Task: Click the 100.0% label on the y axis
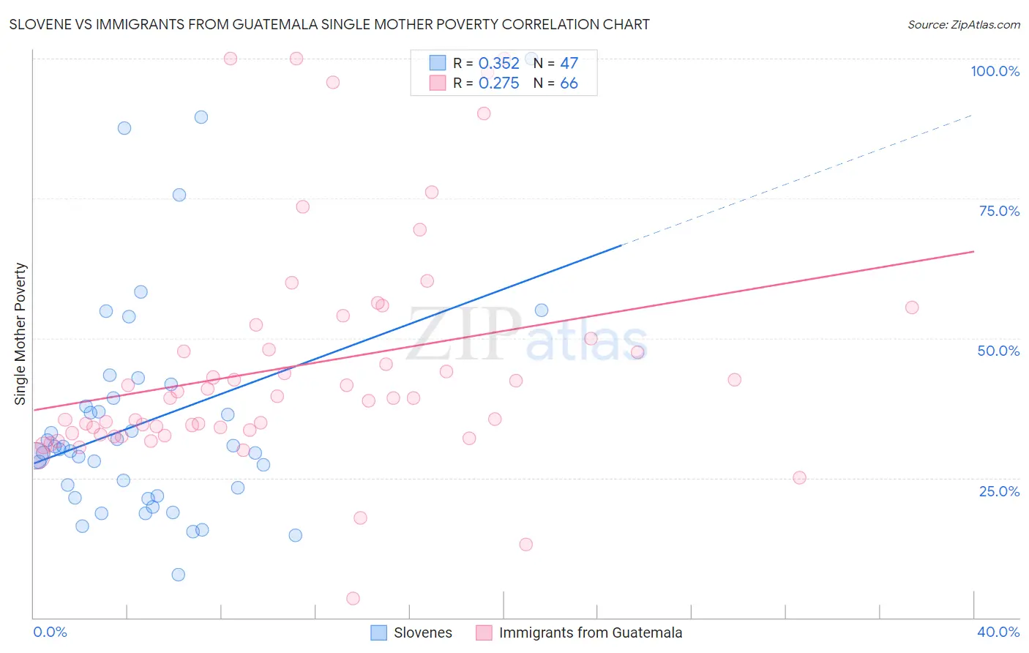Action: pyautogui.click(x=995, y=71)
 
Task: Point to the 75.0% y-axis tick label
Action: pyautogui.click(x=998, y=211)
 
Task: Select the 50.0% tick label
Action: pyautogui.click(x=998, y=351)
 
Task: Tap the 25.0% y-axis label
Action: pyautogui.click(x=998, y=490)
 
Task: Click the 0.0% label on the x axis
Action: pyautogui.click(x=50, y=632)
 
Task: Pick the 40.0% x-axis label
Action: pyautogui.click(x=998, y=632)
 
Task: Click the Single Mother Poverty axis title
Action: pyautogui.click(x=20, y=334)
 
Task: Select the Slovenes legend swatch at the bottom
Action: pyautogui.click(x=378, y=633)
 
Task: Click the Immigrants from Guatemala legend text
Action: pyautogui.click(x=590, y=633)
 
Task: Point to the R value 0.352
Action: pyautogui.click(x=498, y=64)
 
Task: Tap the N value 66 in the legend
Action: pyautogui.click(x=569, y=83)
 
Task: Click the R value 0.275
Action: pyautogui.click(x=498, y=83)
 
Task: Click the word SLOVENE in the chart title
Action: pyautogui.click(x=42, y=24)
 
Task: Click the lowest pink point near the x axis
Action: pyautogui.click(x=353, y=598)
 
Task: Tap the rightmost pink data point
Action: pyautogui.click(x=912, y=307)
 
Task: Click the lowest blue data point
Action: pyautogui.click(x=178, y=575)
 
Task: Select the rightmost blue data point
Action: pyautogui.click(x=542, y=310)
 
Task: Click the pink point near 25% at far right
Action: pyautogui.click(x=799, y=477)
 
